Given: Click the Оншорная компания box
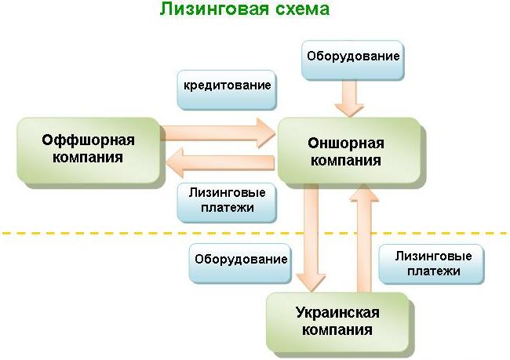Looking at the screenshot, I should (347, 151).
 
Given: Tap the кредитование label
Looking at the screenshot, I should (228, 85).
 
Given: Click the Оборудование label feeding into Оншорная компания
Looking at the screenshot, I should (353, 56).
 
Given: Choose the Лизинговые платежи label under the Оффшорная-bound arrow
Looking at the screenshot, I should (228, 200).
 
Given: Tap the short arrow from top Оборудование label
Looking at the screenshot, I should (347, 99).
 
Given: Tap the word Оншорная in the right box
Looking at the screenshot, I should (347, 143).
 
